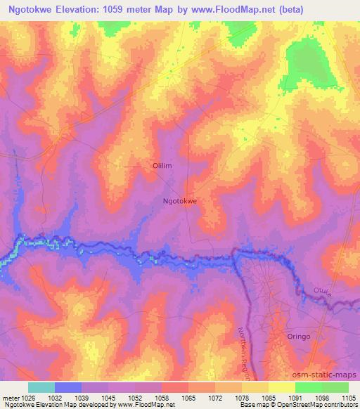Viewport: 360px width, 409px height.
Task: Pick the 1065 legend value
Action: (186, 397)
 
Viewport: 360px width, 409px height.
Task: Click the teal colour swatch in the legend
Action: (41, 387)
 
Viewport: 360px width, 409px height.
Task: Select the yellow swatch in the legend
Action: (281, 387)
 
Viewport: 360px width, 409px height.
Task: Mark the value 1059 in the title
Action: (127, 11)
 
